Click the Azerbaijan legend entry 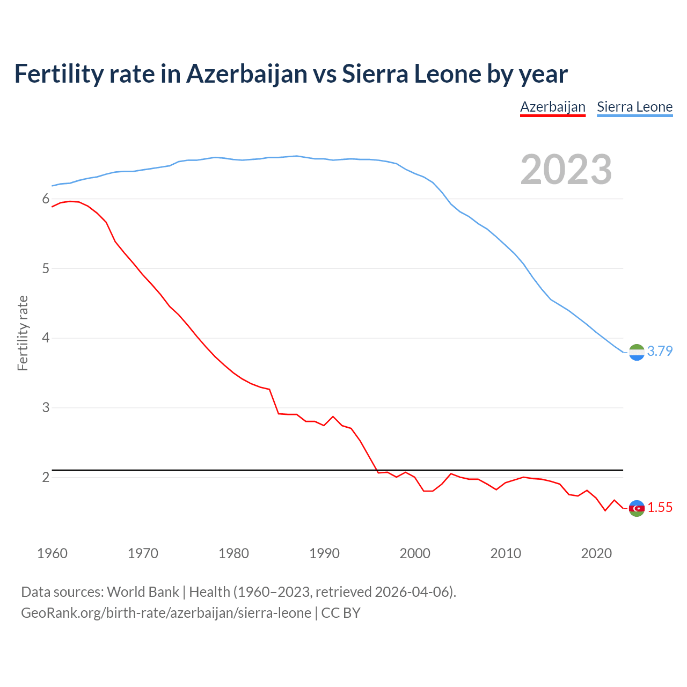[x=552, y=107]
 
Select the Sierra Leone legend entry [x=634, y=107]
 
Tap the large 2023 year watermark [x=566, y=170]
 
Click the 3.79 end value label [x=660, y=351]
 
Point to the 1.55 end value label [x=660, y=507]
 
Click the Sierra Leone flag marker [x=637, y=352]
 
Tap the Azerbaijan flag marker [x=637, y=508]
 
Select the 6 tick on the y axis [x=46, y=199]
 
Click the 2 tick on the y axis [x=46, y=477]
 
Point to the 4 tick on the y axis [x=46, y=338]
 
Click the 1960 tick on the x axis [x=52, y=553]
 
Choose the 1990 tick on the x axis [x=324, y=553]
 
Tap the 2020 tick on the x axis [x=596, y=553]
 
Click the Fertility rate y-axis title [x=23, y=333]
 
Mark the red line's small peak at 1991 [x=333, y=416]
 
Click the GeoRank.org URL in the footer [x=166, y=613]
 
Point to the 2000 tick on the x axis [x=415, y=553]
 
